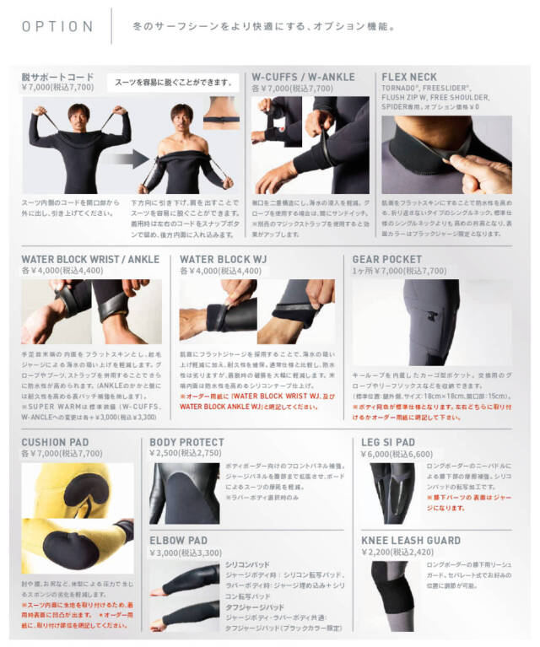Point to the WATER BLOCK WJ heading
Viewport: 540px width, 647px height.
pyautogui.click(x=221, y=260)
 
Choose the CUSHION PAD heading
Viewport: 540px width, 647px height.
pyautogui.click(x=56, y=441)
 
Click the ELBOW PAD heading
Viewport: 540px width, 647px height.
pyautogui.click(x=178, y=540)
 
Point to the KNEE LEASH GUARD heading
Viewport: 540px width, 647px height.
pyautogui.click(x=411, y=540)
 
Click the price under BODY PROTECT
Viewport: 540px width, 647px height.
pyautogui.click(x=185, y=453)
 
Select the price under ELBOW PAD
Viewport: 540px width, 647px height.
pyautogui.click(x=185, y=553)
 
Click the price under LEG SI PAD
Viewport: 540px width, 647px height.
pyautogui.click(x=397, y=453)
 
